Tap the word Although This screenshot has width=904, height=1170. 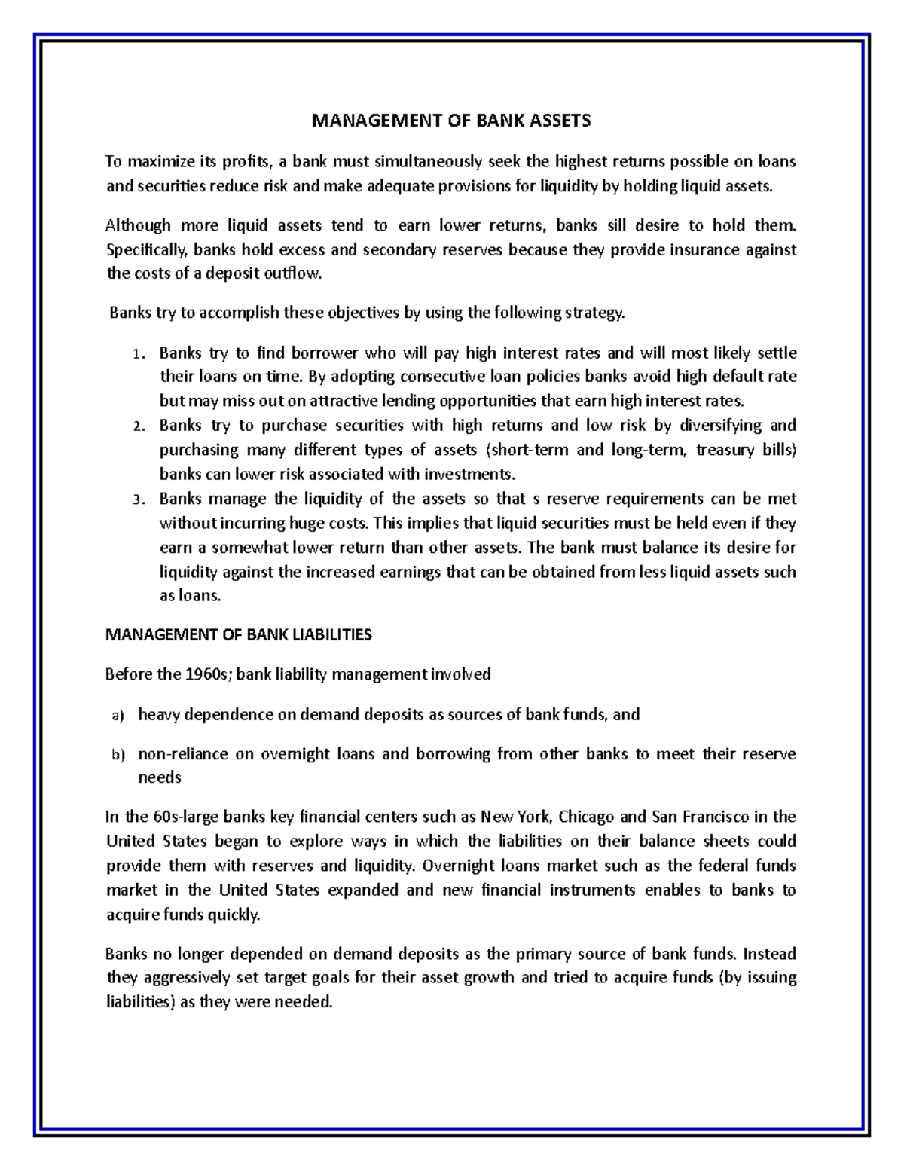pyautogui.click(x=137, y=225)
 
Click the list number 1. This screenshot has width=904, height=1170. pyautogui.click(x=136, y=354)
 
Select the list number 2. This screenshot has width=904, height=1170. pyautogui.click(x=136, y=427)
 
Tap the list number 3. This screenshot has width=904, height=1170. pyautogui.click(x=136, y=500)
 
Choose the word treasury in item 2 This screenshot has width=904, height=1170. pyautogui.click(x=724, y=450)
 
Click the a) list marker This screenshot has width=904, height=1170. pyautogui.click(x=117, y=716)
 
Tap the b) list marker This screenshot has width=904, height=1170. pyautogui.click(x=117, y=755)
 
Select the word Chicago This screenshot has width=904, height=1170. pyautogui.click(x=587, y=817)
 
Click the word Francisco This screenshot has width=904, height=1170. pyautogui.click(x=713, y=817)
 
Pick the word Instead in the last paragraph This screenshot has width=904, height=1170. pyautogui.click(x=769, y=955)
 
